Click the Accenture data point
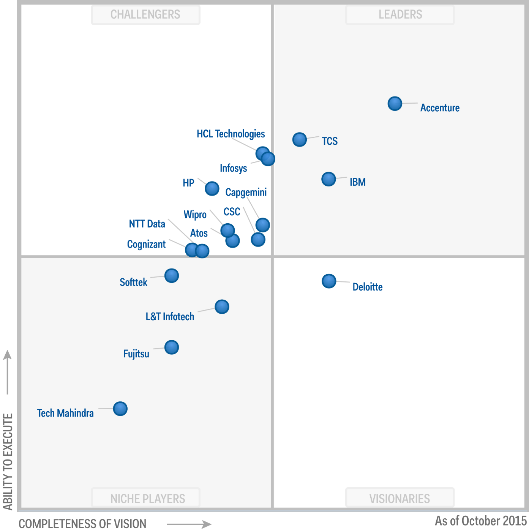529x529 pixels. (x=395, y=103)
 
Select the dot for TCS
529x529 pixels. (x=300, y=140)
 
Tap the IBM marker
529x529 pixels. (x=328, y=179)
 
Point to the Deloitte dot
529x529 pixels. (x=329, y=281)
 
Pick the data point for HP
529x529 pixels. (x=212, y=188)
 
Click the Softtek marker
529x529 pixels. (x=172, y=276)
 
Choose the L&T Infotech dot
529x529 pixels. (x=222, y=306)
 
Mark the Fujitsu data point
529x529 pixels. (x=172, y=347)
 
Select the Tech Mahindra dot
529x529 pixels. (x=120, y=409)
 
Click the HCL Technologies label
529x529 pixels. (x=231, y=134)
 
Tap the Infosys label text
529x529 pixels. (x=233, y=168)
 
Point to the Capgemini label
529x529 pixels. (x=246, y=192)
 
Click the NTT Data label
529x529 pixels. (x=147, y=224)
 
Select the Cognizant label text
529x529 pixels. (x=146, y=244)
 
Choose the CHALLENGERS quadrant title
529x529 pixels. (x=145, y=14)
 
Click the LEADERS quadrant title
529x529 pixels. (x=400, y=14)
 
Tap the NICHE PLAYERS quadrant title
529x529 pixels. (x=148, y=498)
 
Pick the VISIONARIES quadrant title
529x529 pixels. (x=400, y=498)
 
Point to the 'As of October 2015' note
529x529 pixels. (x=480, y=521)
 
